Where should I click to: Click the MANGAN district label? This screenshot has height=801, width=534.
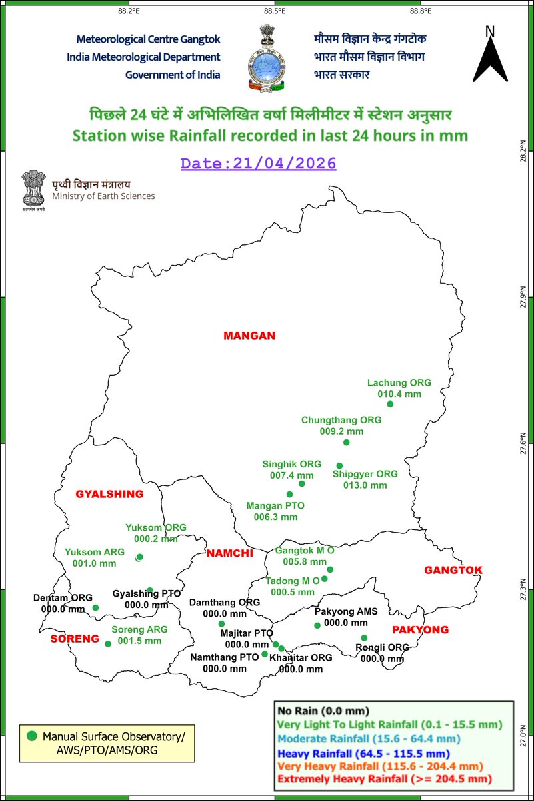[249, 336]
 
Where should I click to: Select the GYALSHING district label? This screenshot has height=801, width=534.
[109, 494]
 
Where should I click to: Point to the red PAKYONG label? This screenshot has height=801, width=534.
[420, 629]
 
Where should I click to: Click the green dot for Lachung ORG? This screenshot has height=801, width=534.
[391, 404]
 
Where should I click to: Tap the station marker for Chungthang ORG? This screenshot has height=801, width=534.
[345, 443]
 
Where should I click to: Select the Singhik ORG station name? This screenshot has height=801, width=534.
[292, 464]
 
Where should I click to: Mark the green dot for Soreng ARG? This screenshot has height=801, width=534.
[108, 644]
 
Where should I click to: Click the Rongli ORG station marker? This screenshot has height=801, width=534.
[364, 638]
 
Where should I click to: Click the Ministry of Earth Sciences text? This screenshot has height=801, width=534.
[103, 196]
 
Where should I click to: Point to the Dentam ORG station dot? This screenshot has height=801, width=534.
[95, 607]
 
